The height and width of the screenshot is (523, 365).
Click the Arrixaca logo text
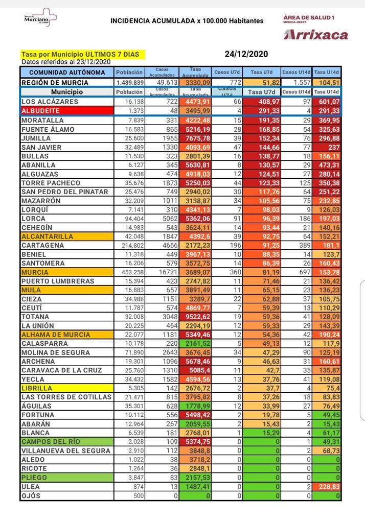tap(316, 35)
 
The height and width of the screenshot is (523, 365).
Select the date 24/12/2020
tap(246, 54)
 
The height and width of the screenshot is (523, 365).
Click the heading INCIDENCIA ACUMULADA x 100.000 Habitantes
tap(187, 21)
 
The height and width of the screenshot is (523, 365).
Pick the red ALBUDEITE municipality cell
tap(66, 111)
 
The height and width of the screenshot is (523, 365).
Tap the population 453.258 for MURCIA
tap(130, 272)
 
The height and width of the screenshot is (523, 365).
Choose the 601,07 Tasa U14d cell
tap(327, 102)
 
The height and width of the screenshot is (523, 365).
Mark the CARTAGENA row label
tap(43, 245)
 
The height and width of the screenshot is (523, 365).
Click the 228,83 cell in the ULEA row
tap(327, 487)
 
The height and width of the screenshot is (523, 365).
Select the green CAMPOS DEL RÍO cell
tap(66, 442)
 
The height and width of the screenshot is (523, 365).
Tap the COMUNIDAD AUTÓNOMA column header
tap(66, 73)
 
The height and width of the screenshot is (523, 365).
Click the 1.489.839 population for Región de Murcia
tap(130, 82)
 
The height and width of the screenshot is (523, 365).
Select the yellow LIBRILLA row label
tap(66, 388)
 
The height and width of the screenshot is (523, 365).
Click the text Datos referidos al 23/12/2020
tap(66, 61)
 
